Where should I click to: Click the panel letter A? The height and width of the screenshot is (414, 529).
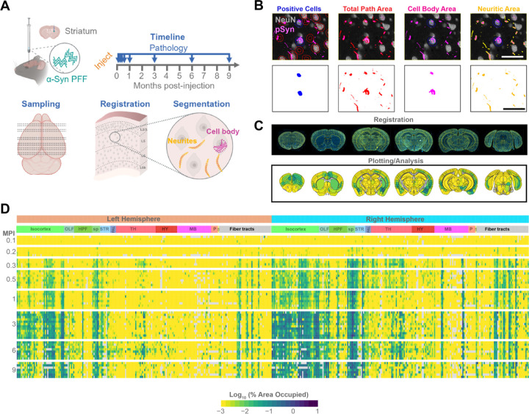6,7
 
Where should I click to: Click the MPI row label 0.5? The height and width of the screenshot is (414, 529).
9,258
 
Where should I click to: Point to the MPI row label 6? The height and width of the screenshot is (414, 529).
9,351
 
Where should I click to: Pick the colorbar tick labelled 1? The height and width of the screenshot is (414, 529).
316,402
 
